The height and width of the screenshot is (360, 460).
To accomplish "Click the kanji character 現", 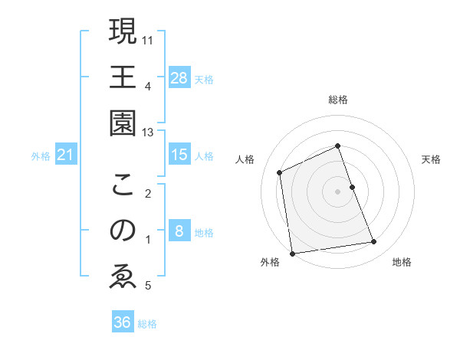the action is click(x=123, y=33).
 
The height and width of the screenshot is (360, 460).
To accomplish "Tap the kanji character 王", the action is click(x=123, y=79).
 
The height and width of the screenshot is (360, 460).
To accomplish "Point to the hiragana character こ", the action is click(x=123, y=185).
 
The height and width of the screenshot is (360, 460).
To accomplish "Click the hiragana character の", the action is click(x=123, y=231).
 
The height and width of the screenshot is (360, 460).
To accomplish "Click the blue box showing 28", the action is click(x=179, y=77).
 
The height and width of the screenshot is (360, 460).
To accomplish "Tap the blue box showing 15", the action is click(x=179, y=155).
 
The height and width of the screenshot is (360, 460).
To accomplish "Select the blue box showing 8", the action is click(x=179, y=231).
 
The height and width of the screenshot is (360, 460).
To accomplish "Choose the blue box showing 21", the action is click(x=67, y=155).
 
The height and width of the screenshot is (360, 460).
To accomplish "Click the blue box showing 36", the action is click(x=123, y=322).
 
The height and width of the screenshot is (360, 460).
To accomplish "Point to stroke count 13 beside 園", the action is click(x=148, y=133).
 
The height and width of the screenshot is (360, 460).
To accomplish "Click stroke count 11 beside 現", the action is click(x=148, y=39).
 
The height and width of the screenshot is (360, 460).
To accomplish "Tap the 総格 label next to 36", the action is click(x=147, y=324).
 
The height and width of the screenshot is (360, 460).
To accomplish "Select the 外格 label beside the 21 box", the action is click(x=41, y=156).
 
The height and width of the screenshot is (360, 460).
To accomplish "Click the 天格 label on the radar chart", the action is click(x=431, y=159).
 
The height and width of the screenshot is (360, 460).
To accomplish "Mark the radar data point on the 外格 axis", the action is click(x=292, y=254).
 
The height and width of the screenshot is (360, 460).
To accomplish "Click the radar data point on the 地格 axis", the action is click(x=374, y=242).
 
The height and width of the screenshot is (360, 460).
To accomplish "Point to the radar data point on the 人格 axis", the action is click(x=280, y=172).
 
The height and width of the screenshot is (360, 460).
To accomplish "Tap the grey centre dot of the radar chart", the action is click(x=337, y=191).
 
